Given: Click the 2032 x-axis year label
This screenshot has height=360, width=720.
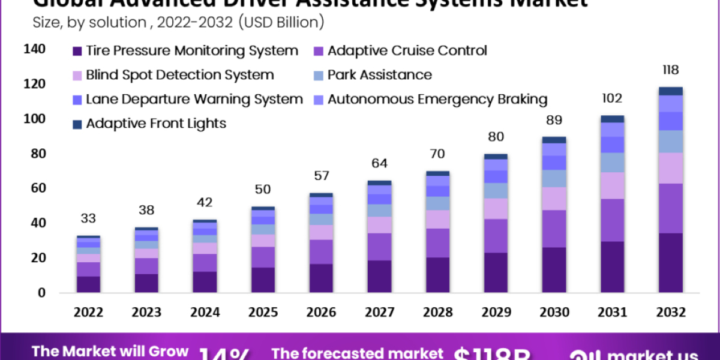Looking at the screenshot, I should [x=670, y=313].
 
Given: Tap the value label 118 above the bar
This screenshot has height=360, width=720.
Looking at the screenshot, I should [x=670, y=70].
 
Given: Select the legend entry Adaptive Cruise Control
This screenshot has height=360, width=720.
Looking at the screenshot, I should [x=407, y=51].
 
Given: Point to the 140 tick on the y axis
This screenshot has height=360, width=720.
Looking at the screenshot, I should [x=34, y=50].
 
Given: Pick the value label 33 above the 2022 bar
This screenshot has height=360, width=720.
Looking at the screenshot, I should [x=89, y=218].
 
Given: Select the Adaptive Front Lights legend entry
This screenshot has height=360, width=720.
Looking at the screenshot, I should [x=155, y=124].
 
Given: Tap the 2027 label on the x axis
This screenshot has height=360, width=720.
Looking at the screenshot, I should [x=379, y=313].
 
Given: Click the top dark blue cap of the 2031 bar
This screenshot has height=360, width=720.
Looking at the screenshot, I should [x=613, y=119].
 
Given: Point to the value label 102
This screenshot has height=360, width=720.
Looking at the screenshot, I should [x=613, y=98].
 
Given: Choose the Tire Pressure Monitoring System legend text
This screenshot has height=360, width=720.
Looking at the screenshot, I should [x=191, y=51].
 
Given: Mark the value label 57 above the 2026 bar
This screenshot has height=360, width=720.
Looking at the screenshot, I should [x=321, y=176].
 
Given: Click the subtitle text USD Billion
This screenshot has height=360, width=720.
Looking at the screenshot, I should [x=281, y=23].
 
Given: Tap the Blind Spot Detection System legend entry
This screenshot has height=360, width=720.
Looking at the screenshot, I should [x=179, y=76].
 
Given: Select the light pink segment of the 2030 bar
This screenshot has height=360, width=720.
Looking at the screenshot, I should [x=554, y=198].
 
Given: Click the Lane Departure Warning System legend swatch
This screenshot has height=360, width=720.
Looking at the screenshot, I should [x=77, y=100].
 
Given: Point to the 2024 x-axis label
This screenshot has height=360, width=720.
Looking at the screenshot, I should [x=205, y=313].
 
